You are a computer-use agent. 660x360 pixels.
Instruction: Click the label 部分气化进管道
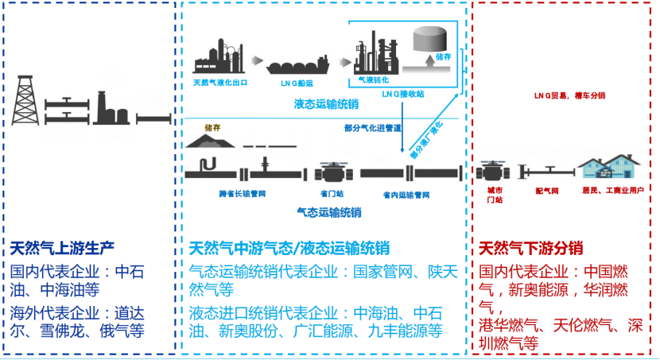[x=372, y=126]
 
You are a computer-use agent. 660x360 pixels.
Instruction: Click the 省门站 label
[x=330, y=192]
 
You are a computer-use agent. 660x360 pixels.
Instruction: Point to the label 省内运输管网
[x=406, y=194]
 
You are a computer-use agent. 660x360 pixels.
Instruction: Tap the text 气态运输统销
[x=328, y=212]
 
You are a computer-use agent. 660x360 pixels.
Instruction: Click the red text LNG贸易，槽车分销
[x=569, y=95]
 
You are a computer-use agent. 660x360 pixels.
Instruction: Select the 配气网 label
[x=547, y=191]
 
